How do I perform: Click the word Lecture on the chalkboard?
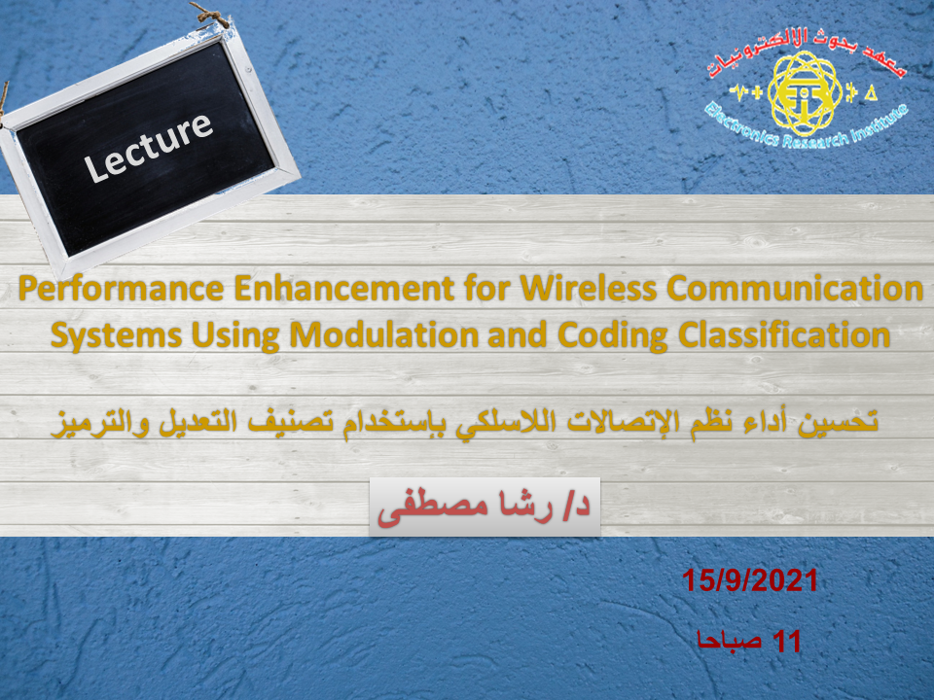[148, 147]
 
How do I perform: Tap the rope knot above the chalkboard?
[211, 15]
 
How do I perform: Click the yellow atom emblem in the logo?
[805, 93]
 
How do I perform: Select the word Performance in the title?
[121, 289]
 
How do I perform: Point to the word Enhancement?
[344, 288]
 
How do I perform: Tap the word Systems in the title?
[116, 336]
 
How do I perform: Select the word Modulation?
[384, 335]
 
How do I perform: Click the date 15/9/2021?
[750, 580]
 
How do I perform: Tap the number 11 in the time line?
[786, 642]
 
